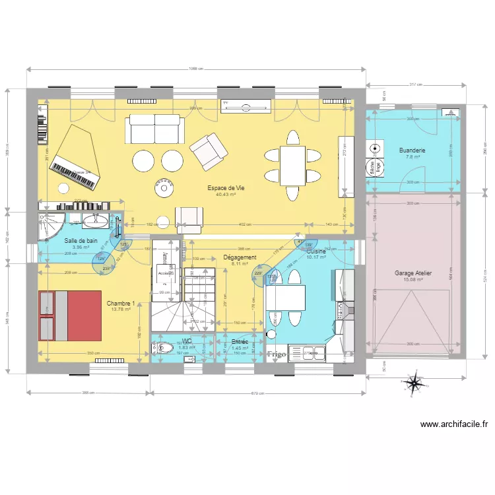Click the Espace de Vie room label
coord(226,188)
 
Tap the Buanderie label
coord(412,150)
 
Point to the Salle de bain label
coord(81,241)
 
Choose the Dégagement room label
coord(240,257)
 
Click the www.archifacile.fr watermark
coord(453,425)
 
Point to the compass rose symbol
coord(414,383)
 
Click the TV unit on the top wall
coord(246,106)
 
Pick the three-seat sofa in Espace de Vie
coord(154,129)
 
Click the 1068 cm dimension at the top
coord(195,69)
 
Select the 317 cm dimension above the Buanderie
coord(415,84)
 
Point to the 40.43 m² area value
coord(226,195)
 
